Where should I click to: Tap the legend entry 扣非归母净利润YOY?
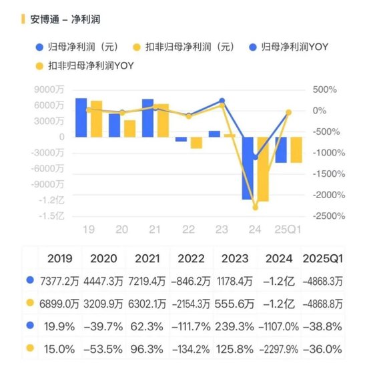coord(85,65)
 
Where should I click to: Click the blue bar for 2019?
coord(81,117)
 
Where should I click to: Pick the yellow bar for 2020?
coord(129,128)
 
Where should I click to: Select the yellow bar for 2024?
coord(264,169)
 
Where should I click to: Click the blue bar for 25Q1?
coord(281,149)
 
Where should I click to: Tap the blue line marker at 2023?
coord(222,101)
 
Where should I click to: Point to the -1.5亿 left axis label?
coord(51,216)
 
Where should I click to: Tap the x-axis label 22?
coord(188,230)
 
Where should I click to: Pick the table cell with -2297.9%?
coord(280,348)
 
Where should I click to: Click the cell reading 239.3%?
coord(235,326)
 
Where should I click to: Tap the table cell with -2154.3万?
coord(192,303)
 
